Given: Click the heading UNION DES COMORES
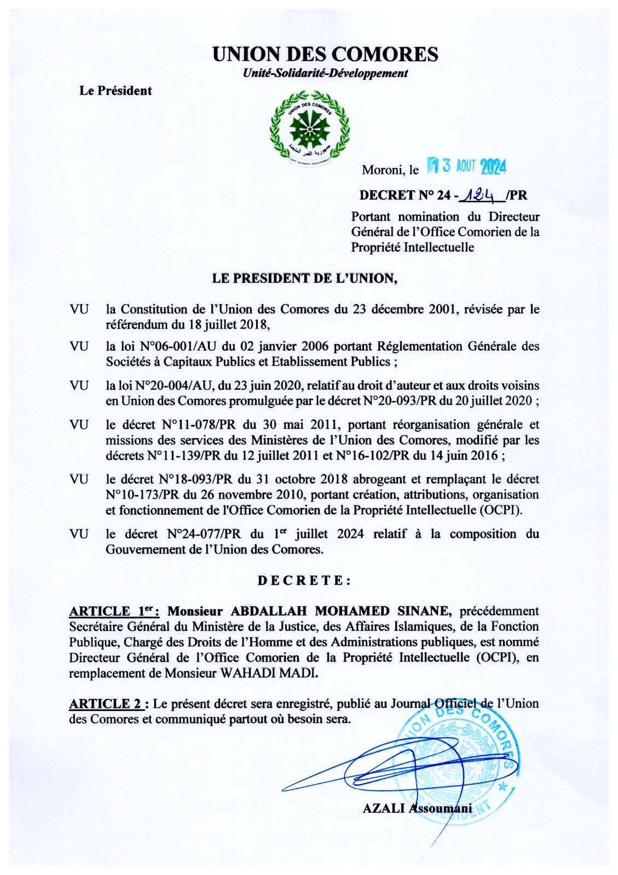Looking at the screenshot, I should point(325,54).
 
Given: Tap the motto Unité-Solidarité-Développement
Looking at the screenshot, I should point(325,73).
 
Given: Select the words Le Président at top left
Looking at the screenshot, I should point(115,91).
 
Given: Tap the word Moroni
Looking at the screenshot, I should point(382,170).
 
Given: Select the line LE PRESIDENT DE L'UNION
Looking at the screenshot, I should point(304,278).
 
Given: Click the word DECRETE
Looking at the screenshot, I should point(304,580).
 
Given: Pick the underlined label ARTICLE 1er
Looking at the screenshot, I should point(114,611).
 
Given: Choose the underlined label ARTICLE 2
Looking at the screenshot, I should point(109,704).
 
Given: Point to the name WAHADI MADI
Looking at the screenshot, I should point(269,673).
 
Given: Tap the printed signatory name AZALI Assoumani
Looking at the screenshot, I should point(417,808).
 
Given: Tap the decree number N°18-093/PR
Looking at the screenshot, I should point(195,479).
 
